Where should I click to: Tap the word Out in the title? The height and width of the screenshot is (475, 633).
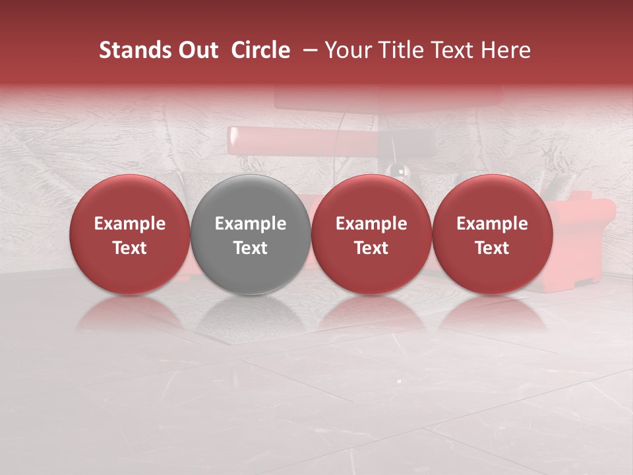coord(197,50)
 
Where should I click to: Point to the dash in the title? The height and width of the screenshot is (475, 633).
coord(308,50)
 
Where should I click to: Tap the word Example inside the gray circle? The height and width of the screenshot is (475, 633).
coord(251,224)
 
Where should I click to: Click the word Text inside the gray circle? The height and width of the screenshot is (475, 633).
coord(251,248)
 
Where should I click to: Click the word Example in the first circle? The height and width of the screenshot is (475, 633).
coord(129,224)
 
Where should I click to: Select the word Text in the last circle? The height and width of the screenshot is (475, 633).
coord(492,248)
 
